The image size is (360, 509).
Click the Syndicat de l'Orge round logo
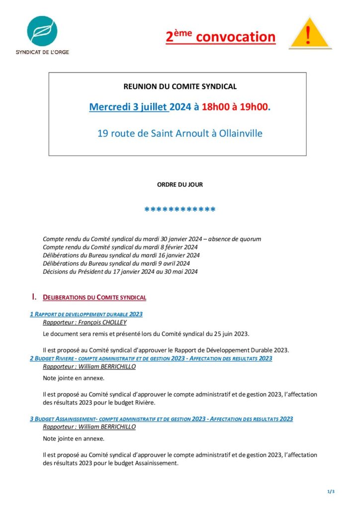(43, 31)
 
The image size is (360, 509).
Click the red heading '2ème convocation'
(221, 37)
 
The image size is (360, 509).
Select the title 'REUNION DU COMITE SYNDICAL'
(180, 86)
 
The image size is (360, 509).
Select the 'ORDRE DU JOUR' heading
(180, 184)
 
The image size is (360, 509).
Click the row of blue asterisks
(180, 210)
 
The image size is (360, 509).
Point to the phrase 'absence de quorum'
(234, 239)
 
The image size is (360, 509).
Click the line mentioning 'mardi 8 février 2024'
(120, 247)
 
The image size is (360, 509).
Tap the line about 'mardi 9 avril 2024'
(116, 263)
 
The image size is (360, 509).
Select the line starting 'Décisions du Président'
(120, 271)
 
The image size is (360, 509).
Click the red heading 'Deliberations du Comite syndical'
(94, 298)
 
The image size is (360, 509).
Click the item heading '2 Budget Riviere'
(151, 358)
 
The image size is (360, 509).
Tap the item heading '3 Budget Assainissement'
(161, 419)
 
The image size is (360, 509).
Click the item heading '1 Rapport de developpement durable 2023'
(87, 314)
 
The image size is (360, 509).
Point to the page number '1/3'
(331, 492)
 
